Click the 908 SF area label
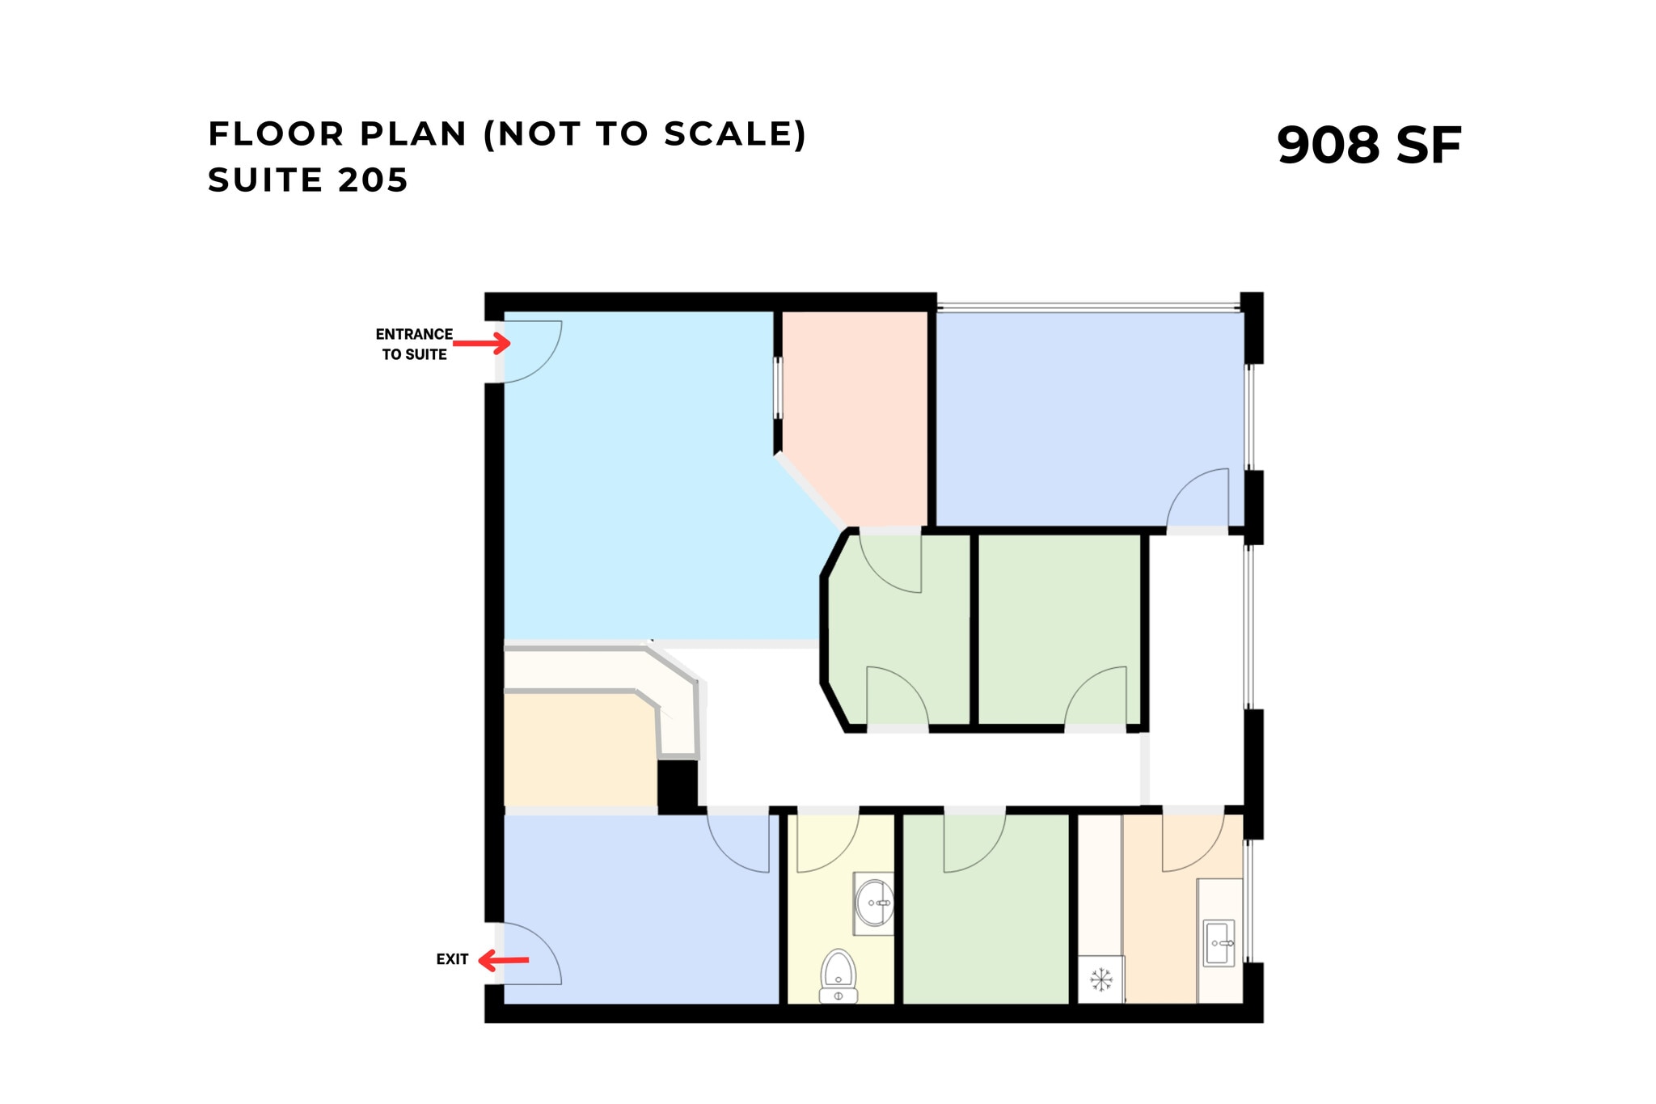pyautogui.click(x=1368, y=146)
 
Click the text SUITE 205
pyautogui.click(x=307, y=180)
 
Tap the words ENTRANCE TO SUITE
pyautogui.click(x=414, y=344)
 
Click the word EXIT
pyautogui.click(x=452, y=959)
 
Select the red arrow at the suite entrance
pyautogui.click(x=482, y=344)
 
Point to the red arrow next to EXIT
pyautogui.click(x=503, y=961)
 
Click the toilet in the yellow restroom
pyautogui.click(x=839, y=975)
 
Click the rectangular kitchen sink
pyautogui.click(x=1219, y=943)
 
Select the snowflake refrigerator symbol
pyautogui.click(x=1100, y=980)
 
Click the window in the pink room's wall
pyautogui.click(x=778, y=388)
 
